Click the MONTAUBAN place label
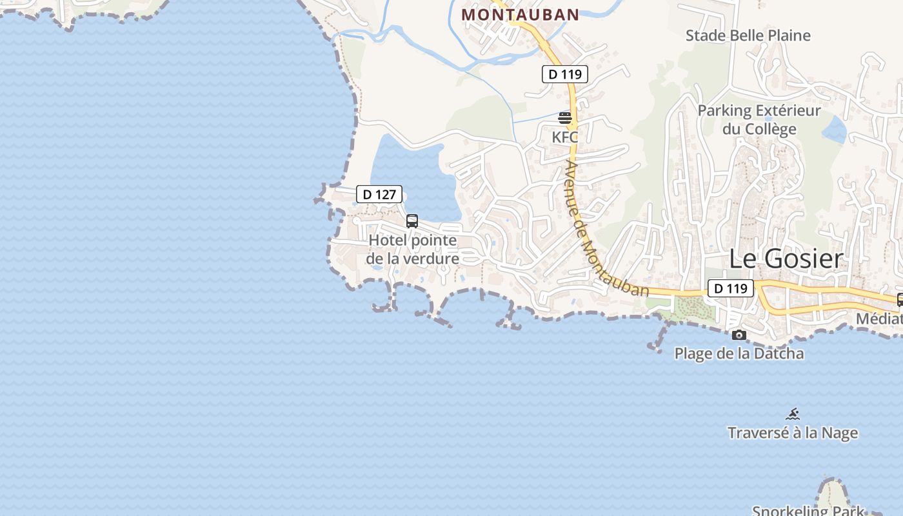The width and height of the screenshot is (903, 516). pyautogui.click(x=520, y=14)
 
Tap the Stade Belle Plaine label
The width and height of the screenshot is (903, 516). pyautogui.click(x=748, y=35)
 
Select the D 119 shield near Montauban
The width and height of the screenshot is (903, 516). pyautogui.click(x=564, y=74)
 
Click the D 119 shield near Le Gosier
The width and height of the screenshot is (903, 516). pyautogui.click(x=730, y=288)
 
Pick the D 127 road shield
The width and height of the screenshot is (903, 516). pyautogui.click(x=379, y=194)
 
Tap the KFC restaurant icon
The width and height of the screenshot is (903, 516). pyautogui.click(x=565, y=118)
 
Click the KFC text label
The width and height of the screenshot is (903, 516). pyautogui.click(x=565, y=137)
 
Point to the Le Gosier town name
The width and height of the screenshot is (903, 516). pyautogui.click(x=786, y=259)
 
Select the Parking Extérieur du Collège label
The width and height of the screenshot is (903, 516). pyautogui.click(x=759, y=120)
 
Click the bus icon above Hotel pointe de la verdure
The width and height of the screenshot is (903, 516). pyautogui.click(x=412, y=221)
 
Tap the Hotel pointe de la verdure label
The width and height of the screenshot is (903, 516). pyautogui.click(x=413, y=250)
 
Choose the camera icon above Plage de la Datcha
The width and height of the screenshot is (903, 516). pyautogui.click(x=739, y=335)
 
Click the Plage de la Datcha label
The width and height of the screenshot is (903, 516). pyautogui.click(x=739, y=353)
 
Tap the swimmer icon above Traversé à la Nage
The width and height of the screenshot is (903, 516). pyautogui.click(x=793, y=414)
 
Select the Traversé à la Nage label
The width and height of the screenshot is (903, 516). pyautogui.click(x=793, y=433)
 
